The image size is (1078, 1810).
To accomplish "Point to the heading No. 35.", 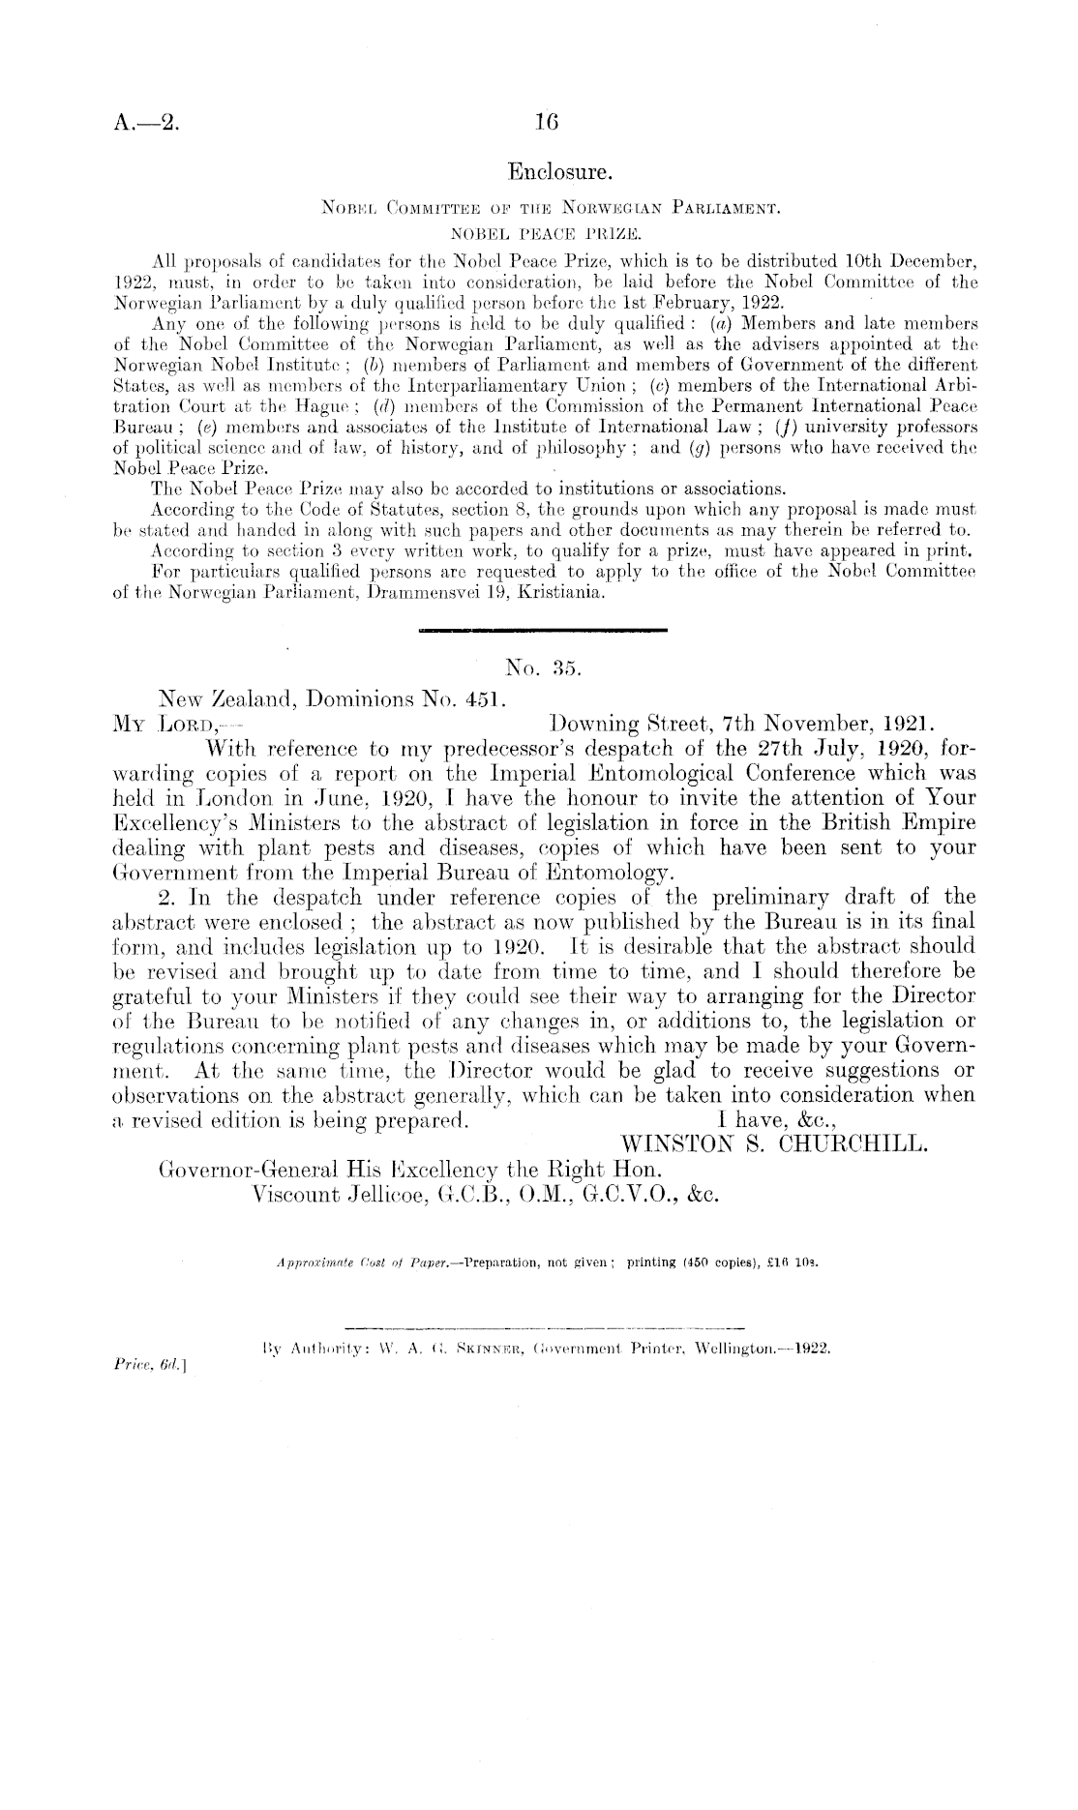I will (x=541, y=667).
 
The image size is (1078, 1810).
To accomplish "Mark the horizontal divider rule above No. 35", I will (x=542, y=633).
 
